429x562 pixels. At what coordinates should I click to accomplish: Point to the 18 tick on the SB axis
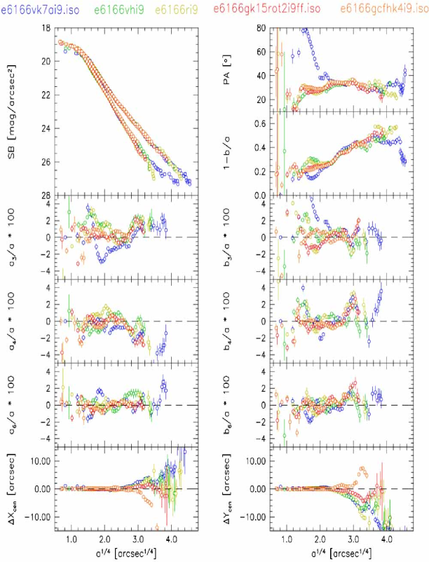click(x=46, y=28)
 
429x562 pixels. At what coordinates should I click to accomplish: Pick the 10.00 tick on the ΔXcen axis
click(x=39, y=460)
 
